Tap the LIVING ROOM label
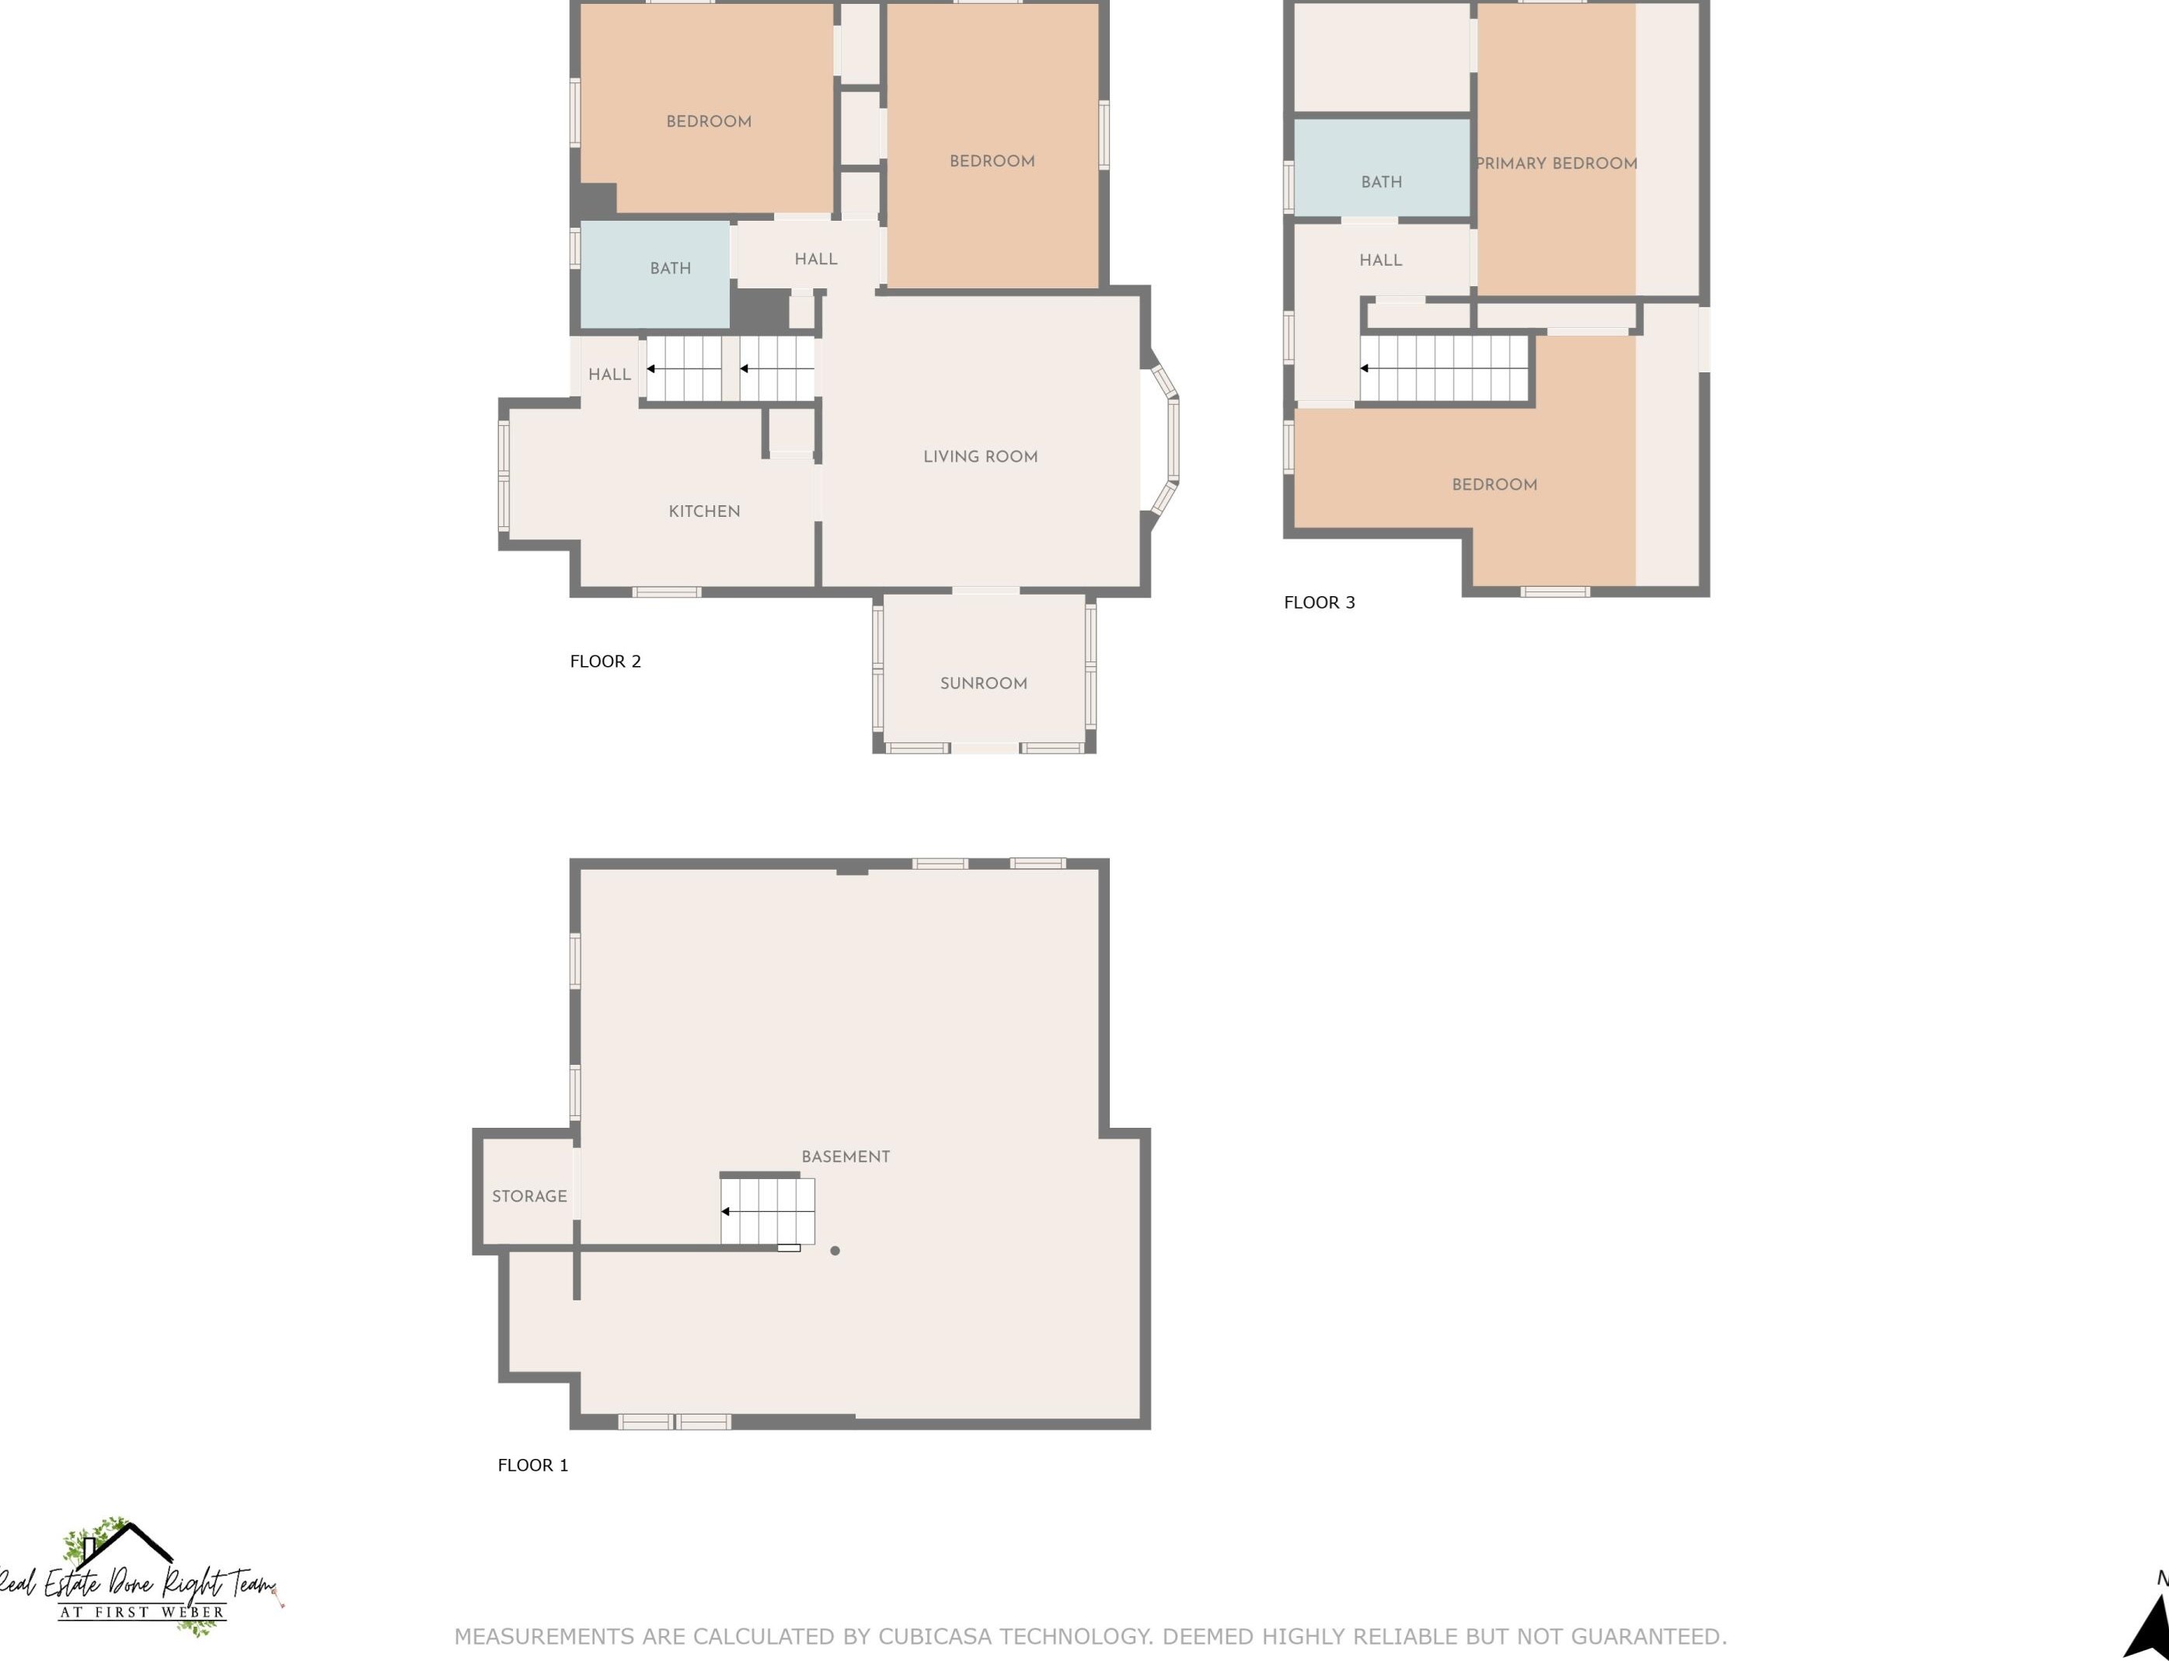point(980,457)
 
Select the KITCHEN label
point(704,511)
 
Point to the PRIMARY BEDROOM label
point(1556,163)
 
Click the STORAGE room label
point(529,1196)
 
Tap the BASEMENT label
point(846,1157)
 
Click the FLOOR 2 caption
point(605,661)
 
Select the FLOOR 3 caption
point(1319,602)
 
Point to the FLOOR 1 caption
point(533,1465)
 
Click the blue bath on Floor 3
point(1381,167)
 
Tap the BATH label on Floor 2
point(670,268)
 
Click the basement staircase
point(767,1210)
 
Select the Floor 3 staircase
point(1445,368)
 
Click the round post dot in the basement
point(835,1251)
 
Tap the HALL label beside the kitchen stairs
point(609,375)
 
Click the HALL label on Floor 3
point(1380,260)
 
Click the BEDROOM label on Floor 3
point(1494,484)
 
